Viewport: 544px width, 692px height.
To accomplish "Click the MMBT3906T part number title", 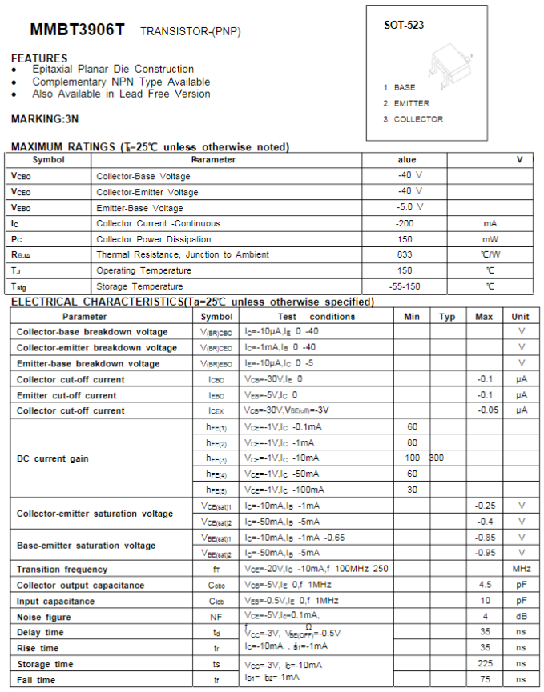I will [x=77, y=30].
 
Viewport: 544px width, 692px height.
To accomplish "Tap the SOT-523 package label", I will [x=404, y=25].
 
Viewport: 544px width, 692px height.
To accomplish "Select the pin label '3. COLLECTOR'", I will [x=413, y=119].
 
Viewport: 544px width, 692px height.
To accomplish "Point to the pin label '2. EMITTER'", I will [x=406, y=103].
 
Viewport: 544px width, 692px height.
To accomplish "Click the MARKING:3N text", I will [x=45, y=119].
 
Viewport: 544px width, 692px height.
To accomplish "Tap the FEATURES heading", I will [x=39, y=58].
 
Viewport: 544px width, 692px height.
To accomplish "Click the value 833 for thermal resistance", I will [x=405, y=254].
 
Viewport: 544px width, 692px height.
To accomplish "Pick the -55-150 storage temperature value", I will [x=405, y=286].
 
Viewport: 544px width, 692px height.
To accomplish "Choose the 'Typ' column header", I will [x=447, y=317].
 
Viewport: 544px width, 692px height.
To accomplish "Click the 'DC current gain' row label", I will [x=53, y=458].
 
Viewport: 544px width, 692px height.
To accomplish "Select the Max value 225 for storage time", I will [x=484, y=664].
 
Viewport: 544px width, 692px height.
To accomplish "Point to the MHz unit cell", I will [x=522, y=569].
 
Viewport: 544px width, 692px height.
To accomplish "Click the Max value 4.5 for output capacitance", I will [x=484, y=585].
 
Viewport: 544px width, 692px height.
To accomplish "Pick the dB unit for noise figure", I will [x=522, y=617].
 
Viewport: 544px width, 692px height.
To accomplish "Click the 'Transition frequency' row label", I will [x=62, y=569].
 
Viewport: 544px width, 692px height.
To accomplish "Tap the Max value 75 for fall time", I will [x=484, y=680].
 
